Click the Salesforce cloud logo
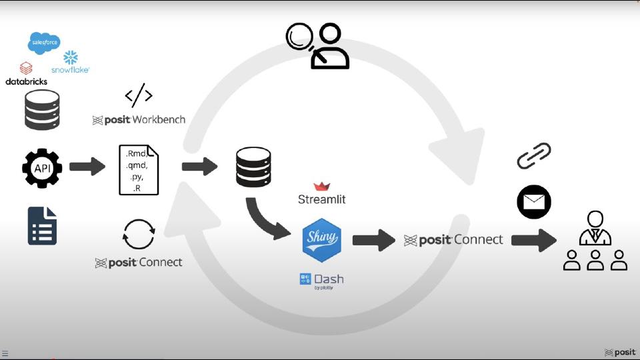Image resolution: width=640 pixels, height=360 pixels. tap(44, 43)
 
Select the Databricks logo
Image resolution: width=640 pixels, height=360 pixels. tap(26, 73)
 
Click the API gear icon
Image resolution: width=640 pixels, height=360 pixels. tap(42, 168)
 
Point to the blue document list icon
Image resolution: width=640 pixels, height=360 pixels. tap(42, 225)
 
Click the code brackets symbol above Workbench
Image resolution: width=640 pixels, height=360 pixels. tap(139, 96)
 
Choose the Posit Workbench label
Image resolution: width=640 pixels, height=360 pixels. tap(139, 120)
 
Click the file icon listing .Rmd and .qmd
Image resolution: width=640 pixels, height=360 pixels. tap(139, 169)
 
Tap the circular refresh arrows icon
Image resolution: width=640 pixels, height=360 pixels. tap(139, 235)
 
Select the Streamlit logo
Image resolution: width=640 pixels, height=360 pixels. tap(322, 193)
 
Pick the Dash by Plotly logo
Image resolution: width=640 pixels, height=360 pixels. tap(322, 280)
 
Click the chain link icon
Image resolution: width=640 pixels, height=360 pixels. tap(534, 156)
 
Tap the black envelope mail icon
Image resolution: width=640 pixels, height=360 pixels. tap(534, 202)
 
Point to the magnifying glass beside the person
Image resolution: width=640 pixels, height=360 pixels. tap(299, 37)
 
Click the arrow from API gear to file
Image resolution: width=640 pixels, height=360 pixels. tap(87, 167)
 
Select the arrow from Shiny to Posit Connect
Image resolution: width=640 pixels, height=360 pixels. tap(373, 240)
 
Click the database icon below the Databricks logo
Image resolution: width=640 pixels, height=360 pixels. tap(42, 110)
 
